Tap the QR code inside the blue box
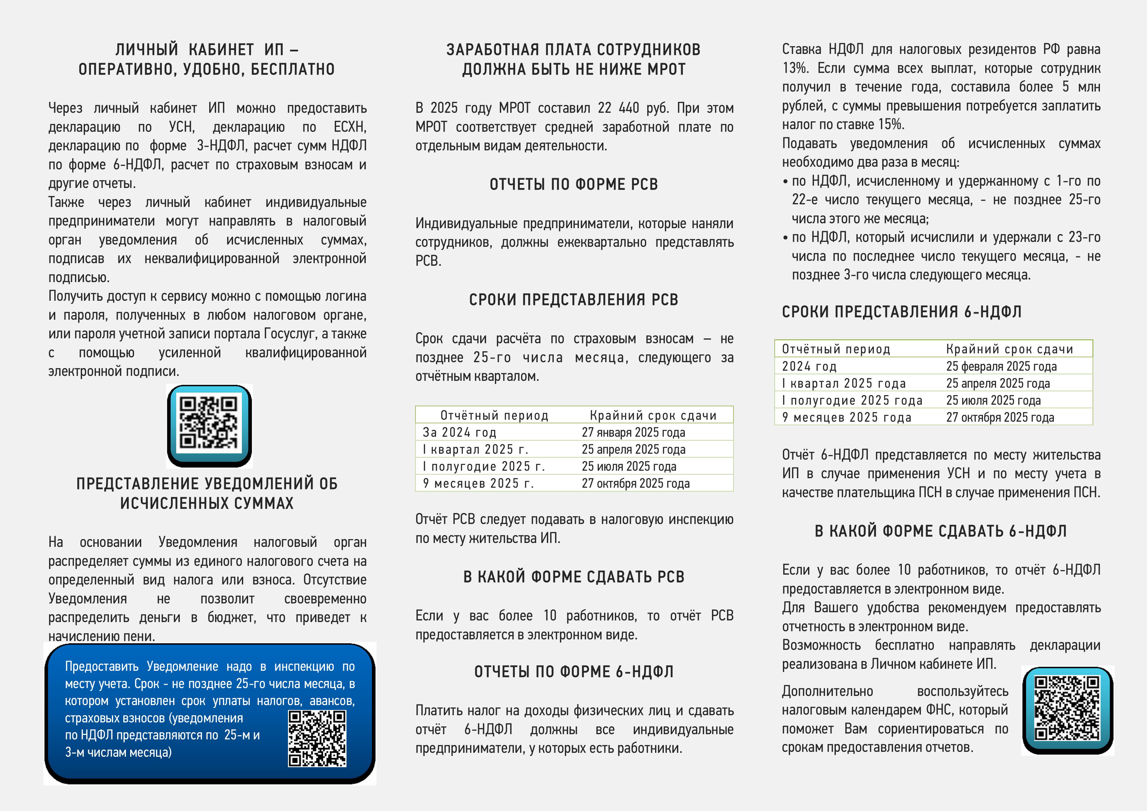(x=317, y=738)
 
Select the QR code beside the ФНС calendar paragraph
(x=1067, y=709)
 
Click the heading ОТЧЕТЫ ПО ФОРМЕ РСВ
(x=573, y=184)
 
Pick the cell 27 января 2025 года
(x=633, y=432)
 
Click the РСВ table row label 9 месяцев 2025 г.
(x=478, y=483)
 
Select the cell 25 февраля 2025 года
(x=1001, y=366)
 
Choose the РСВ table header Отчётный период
(x=494, y=415)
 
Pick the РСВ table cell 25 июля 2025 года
(x=629, y=466)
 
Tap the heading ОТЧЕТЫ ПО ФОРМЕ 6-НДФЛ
(x=573, y=672)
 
